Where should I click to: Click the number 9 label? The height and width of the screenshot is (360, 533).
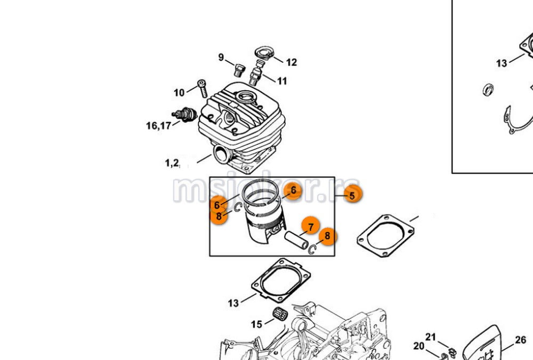[221, 58]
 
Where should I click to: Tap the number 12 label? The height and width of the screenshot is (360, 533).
[291, 62]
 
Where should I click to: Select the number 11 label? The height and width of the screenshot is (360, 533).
[282, 81]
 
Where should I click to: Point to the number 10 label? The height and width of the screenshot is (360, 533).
[179, 93]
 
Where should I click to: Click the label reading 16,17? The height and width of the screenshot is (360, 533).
[159, 126]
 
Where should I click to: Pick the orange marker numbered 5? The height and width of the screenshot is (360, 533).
[352, 195]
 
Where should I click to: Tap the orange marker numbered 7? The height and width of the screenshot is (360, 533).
[310, 227]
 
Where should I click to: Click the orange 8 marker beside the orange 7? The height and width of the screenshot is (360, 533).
[327, 235]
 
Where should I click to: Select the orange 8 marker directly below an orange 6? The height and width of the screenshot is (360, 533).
[219, 216]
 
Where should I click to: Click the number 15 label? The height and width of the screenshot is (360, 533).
[257, 324]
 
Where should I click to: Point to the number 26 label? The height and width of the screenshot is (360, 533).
[521, 340]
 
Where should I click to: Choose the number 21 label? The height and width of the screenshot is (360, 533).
[431, 337]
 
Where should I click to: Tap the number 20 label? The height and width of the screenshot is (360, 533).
[419, 347]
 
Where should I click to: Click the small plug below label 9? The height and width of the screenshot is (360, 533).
[239, 70]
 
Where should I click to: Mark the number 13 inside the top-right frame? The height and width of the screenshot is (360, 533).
[502, 63]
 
